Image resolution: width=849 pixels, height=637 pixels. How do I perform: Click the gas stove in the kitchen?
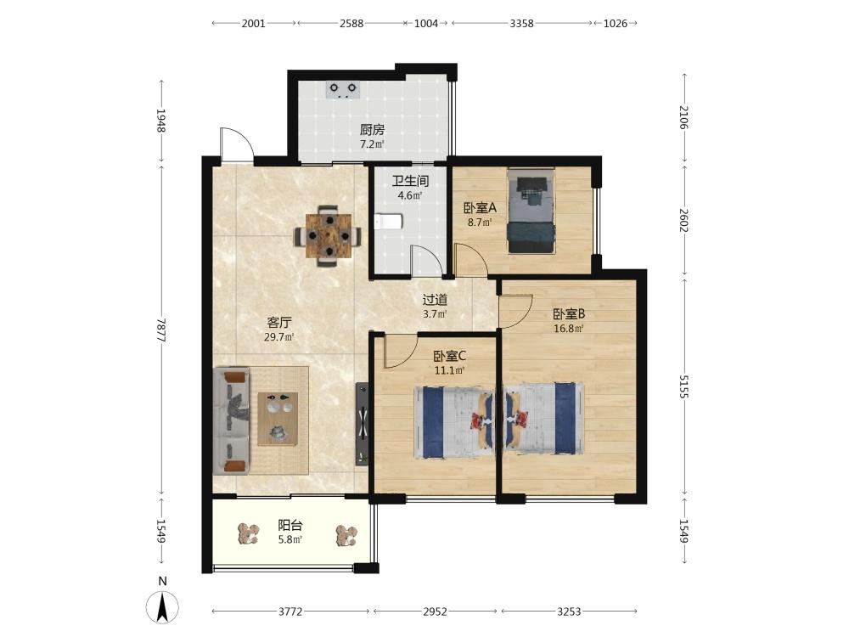click(343, 89)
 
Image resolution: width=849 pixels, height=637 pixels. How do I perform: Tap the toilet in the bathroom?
click(388, 222)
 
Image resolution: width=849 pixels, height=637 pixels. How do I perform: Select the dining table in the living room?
click(328, 236)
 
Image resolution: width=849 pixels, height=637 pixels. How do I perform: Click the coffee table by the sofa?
click(278, 419)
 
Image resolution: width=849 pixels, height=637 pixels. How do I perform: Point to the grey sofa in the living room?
click(231, 421)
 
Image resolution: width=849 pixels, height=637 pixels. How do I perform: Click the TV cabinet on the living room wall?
click(363, 424)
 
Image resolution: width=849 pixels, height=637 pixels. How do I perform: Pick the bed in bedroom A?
click(531, 211)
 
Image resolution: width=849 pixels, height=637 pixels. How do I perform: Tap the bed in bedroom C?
click(454, 422)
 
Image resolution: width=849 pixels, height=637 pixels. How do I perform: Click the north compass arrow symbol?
click(162, 606)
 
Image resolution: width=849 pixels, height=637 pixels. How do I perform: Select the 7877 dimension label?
click(160, 330)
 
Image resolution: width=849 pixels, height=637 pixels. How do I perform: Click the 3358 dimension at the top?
click(522, 23)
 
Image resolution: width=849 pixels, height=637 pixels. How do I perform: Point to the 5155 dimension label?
click(683, 386)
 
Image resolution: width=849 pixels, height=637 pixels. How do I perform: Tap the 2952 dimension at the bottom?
click(435, 612)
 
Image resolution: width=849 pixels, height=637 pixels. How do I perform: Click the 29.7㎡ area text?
click(278, 337)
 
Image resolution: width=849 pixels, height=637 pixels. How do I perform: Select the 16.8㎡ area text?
click(568, 328)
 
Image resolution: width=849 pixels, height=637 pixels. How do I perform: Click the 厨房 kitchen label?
click(372, 130)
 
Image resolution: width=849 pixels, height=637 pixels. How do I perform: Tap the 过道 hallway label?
click(435, 300)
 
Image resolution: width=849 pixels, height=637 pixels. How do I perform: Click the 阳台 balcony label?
click(290, 525)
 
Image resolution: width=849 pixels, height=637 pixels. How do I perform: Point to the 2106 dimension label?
click(683, 117)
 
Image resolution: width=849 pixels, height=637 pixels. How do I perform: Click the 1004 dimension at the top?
click(426, 23)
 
